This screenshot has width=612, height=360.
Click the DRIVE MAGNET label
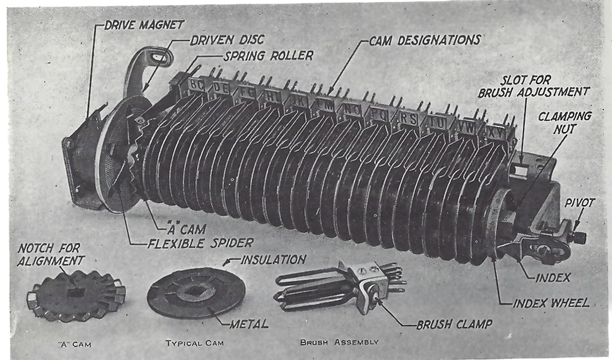click(x=144, y=25)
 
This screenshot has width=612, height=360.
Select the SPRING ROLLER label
click(x=268, y=55)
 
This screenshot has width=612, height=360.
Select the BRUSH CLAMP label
click(x=454, y=325)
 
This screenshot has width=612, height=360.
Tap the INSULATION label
click(x=273, y=259)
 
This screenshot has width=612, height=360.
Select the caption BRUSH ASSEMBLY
click(x=339, y=342)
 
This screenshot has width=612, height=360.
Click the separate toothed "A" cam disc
click(x=76, y=295)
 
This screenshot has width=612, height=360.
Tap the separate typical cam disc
click(x=196, y=292)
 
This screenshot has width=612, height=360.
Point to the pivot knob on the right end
click(x=578, y=236)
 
